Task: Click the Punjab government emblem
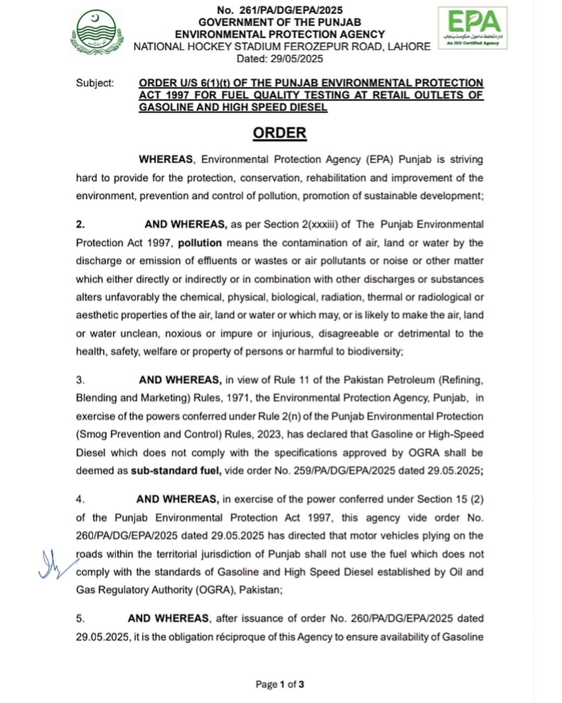tap(97, 32)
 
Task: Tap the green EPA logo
tap(472, 28)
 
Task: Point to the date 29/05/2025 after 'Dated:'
tap(297, 59)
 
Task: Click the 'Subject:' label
tap(95, 83)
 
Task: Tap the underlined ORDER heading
tap(279, 133)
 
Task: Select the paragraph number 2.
tap(80, 224)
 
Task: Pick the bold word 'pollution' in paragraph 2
tap(200, 243)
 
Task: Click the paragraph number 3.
tap(80, 380)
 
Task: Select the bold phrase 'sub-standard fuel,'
tap(176, 471)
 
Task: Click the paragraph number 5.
tap(80, 619)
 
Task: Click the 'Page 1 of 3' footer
tap(279, 684)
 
